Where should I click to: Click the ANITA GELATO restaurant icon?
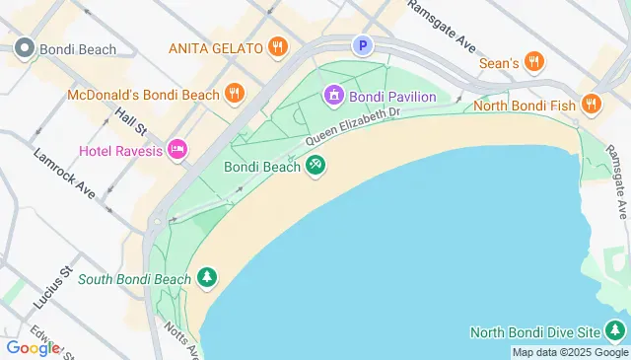(x=279, y=46)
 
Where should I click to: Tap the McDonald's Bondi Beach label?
(x=143, y=95)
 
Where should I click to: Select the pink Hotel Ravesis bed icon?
(x=177, y=149)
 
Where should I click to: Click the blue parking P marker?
(x=363, y=44)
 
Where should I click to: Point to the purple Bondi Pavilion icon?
(x=333, y=95)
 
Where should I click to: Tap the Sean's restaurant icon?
(x=533, y=62)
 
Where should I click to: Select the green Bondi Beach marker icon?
(x=315, y=167)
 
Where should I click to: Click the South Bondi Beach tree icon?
(x=206, y=279)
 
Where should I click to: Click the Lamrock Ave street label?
(x=64, y=174)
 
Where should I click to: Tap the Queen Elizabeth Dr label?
(x=352, y=127)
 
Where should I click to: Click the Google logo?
(x=33, y=347)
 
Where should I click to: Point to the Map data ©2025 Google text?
(x=569, y=352)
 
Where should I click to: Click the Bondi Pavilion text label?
(x=391, y=96)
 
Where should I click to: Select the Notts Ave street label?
(x=181, y=341)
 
